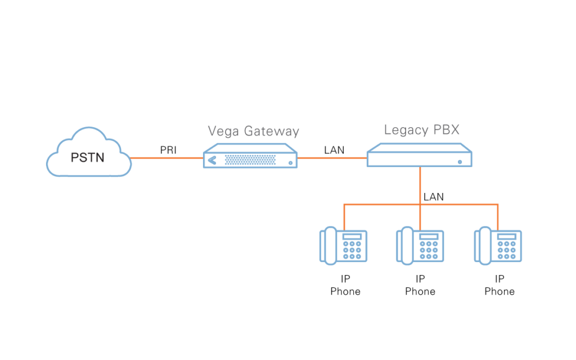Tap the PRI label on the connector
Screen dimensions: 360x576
click(x=168, y=150)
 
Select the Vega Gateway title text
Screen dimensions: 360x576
click(x=253, y=131)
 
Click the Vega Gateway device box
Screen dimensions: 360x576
click(x=250, y=157)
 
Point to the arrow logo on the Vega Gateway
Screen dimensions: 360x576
click(x=211, y=160)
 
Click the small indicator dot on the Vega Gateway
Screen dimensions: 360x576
click(x=290, y=163)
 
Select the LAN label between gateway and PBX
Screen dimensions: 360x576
click(x=334, y=150)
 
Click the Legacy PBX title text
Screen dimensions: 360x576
click(x=421, y=130)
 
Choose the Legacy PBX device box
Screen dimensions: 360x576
click(x=420, y=156)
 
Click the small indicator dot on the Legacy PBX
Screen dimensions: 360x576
click(x=460, y=162)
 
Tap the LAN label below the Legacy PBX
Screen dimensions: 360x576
click(x=433, y=197)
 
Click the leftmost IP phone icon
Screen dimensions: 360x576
click(x=344, y=246)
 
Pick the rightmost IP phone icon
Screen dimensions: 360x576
click(x=498, y=246)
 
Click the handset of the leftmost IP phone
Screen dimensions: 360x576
click(x=328, y=246)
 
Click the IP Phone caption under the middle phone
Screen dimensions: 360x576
click(x=420, y=285)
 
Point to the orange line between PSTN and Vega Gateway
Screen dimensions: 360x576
click(x=166, y=158)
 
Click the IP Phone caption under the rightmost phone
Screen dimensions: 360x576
click(x=499, y=285)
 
